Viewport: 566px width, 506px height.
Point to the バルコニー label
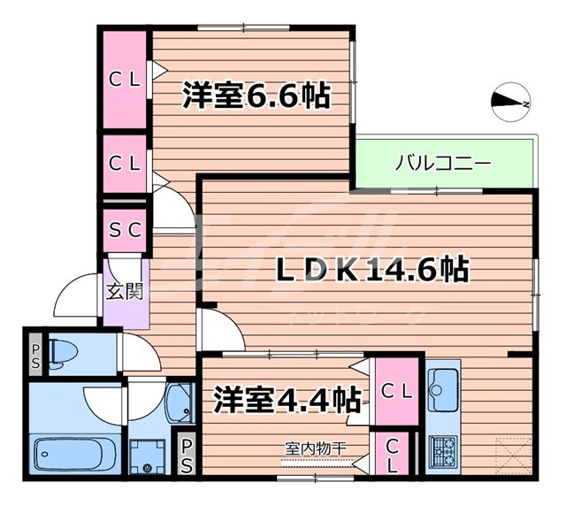[442, 164]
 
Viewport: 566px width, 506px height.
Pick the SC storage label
[125, 230]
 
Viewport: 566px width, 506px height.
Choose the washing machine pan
[142, 456]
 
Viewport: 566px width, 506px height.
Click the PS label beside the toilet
[34, 356]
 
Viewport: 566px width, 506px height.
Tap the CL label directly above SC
[125, 163]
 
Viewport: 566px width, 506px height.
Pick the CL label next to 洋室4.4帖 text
[393, 390]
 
